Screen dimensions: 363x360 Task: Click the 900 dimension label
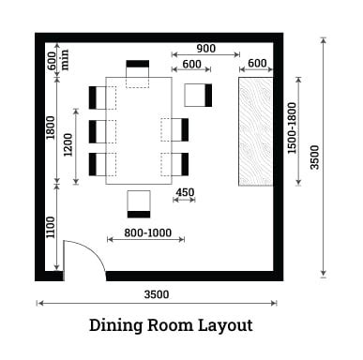206,49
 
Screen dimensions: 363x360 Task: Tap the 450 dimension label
185,192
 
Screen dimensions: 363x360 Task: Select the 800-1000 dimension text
147,232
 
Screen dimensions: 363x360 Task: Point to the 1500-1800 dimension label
292,128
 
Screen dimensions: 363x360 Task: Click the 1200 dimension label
68,145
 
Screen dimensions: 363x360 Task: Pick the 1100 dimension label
51,227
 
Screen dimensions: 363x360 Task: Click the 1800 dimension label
51,127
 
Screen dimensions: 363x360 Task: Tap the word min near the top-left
65,59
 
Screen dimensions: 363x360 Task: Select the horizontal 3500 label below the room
157,294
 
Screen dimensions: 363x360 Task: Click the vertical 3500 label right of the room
314,157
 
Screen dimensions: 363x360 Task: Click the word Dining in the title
116,325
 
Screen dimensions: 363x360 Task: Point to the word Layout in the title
225,325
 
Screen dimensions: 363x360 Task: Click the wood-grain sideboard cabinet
256,131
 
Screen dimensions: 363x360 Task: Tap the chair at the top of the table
138,74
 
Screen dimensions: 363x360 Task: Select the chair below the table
139,204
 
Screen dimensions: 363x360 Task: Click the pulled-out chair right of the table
198,95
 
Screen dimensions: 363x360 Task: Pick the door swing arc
93,250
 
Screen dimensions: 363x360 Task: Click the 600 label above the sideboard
257,63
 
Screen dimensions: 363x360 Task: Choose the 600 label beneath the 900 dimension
191,64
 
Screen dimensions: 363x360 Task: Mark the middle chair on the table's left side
102,131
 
